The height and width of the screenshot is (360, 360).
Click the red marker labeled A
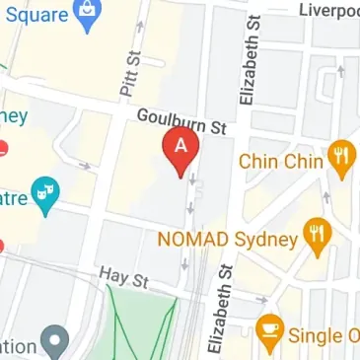(x=180, y=149)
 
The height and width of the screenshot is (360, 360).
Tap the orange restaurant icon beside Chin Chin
(x=340, y=157)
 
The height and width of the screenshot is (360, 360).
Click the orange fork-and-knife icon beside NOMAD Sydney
(x=316, y=234)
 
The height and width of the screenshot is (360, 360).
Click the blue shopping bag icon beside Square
(x=87, y=14)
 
